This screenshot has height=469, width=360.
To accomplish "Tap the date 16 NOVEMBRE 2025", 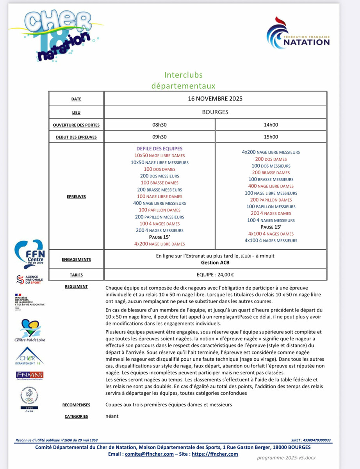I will pyautogui.click(x=215, y=98).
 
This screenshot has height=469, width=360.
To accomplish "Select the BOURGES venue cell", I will pyautogui.click(x=215, y=112).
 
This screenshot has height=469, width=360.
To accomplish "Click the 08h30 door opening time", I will pyautogui.click(x=159, y=125).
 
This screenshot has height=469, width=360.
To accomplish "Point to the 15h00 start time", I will pyautogui.click(x=271, y=137).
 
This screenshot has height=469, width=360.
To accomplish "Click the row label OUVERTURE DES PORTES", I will pyautogui.click(x=77, y=125).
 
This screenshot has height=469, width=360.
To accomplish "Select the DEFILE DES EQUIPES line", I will pyautogui.click(x=159, y=149).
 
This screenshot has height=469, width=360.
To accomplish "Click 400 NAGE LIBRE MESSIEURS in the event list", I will pyautogui.click(x=159, y=203).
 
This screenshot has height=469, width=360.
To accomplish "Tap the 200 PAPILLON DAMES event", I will pyautogui.click(x=271, y=200).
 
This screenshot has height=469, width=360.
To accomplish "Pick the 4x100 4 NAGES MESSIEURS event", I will pyautogui.click(x=271, y=241).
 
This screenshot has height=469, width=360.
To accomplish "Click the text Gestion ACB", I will pyautogui.click(x=215, y=263).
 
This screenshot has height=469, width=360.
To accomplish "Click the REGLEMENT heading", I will pyautogui.click(x=77, y=286).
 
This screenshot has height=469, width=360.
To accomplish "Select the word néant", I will pyautogui.click(x=112, y=416).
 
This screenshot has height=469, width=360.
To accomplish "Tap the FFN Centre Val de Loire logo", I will pyautogui.click(x=29, y=253).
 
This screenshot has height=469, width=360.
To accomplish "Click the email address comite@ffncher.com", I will pyautogui.click(x=149, y=454).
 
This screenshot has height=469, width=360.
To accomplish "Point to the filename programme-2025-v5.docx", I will pyautogui.click(x=286, y=458).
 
